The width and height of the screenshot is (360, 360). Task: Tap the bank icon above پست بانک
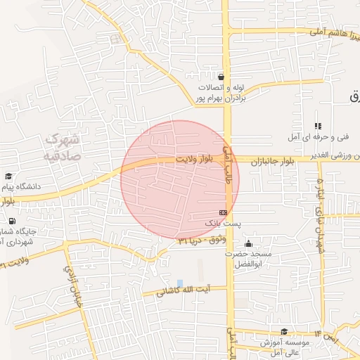(223, 212)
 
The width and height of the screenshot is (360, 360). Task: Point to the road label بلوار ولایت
(193, 160)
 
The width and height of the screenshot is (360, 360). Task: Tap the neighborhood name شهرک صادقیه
(65, 146)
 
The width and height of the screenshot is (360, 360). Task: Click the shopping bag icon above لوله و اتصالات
(221, 77)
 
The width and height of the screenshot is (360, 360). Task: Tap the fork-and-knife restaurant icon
(318, 125)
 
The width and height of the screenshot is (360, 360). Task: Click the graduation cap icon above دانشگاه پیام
(8, 176)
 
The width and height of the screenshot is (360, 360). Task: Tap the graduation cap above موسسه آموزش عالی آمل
(283, 331)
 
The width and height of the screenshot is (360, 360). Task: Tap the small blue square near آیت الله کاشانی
(180, 283)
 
